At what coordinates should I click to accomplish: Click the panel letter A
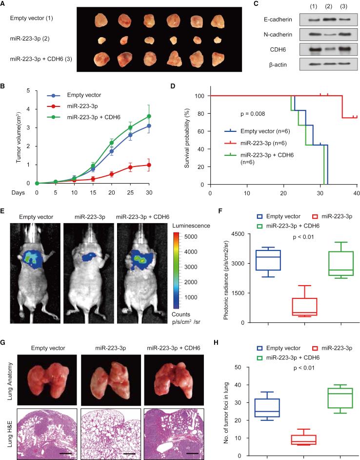(x=3, y=3)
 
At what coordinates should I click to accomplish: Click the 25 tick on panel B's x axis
(x=130, y=192)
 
